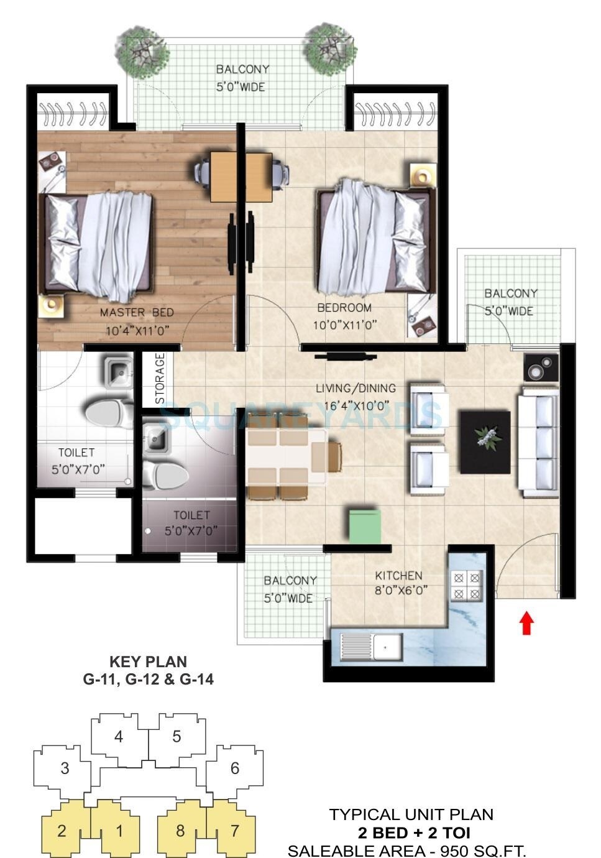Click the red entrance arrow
(526, 623)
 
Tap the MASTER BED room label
(137, 312)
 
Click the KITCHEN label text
(398, 576)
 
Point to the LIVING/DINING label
(356, 389)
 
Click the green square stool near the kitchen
(364, 527)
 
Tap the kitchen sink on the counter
(386, 647)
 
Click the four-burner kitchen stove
(467, 586)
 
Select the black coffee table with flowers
(485, 441)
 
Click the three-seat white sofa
(538, 442)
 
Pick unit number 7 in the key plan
(234, 830)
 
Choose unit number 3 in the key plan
(65, 768)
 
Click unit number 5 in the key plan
(177, 737)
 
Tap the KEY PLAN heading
(148, 662)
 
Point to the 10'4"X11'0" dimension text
(137, 331)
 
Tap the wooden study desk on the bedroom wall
(241, 177)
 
